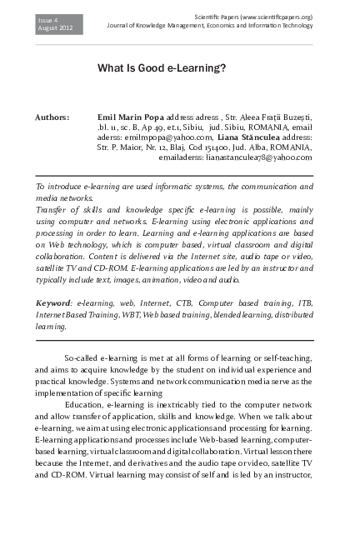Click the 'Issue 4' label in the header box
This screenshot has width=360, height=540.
[x=49, y=18]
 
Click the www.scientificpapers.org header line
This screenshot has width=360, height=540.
[x=252, y=17]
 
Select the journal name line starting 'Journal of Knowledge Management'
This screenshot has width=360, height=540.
[x=209, y=27]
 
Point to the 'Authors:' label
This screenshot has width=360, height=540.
[x=52, y=118]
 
